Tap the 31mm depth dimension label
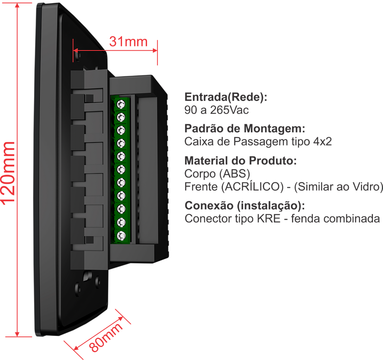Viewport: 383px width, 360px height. (128, 41)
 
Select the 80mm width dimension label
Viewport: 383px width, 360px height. (107, 337)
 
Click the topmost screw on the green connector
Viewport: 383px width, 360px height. (121, 104)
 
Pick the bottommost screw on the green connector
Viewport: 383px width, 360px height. (121, 236)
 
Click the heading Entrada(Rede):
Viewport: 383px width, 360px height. (226, 97)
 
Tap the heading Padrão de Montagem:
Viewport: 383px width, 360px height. (245, 129)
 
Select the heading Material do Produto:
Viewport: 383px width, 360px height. (240, 161)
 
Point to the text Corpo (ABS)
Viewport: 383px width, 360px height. (217, 174)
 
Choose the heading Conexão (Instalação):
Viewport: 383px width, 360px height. (245, 206)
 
